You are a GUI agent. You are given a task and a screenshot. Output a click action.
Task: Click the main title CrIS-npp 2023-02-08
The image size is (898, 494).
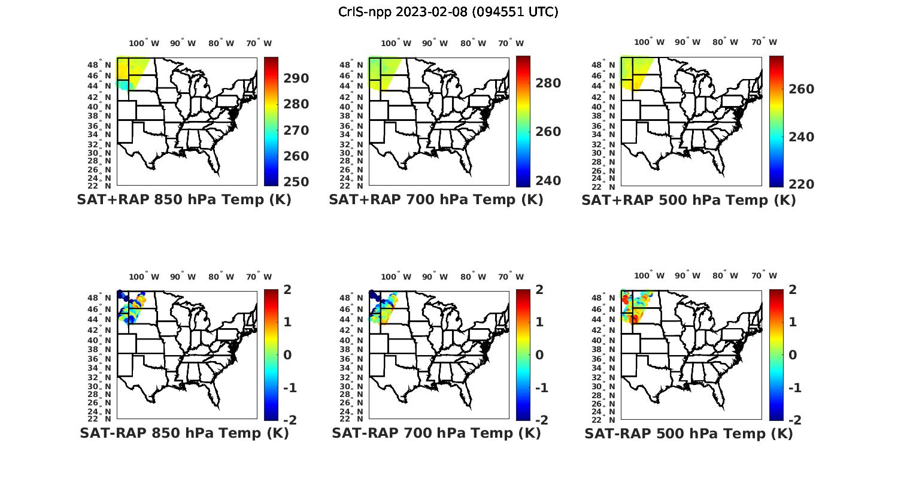[448, 12]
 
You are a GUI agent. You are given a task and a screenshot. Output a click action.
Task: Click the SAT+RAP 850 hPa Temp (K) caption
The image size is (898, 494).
[184, 200]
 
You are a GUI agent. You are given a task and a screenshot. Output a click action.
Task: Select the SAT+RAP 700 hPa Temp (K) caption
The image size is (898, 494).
[436, 200]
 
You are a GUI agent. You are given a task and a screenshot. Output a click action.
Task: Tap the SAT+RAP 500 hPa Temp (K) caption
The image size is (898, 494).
[688, 201]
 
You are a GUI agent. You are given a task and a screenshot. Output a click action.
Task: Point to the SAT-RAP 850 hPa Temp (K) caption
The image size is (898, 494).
[184, 434]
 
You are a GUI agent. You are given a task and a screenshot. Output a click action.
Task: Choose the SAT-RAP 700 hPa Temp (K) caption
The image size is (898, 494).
[436, 434]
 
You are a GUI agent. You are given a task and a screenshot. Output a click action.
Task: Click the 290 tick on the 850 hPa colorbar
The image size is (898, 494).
[296, 78]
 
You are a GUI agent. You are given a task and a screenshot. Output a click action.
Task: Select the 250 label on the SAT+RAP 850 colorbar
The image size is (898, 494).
[296, 182]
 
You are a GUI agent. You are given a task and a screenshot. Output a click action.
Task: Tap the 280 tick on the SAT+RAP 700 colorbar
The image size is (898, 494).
[548, 83]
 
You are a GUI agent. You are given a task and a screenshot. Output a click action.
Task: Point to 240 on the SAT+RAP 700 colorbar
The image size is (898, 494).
[548, 181]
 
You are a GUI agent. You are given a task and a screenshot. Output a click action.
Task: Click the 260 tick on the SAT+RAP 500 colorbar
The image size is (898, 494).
[801, 89]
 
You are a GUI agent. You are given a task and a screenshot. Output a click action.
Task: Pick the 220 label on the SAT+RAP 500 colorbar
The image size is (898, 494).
[801, 184]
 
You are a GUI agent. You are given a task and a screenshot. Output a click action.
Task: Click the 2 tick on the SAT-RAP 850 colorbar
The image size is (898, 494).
[289, 290]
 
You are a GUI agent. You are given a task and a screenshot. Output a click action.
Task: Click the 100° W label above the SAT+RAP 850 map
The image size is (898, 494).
[144, 43]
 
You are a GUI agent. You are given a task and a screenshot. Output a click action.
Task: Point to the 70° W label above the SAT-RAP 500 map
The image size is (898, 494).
[764, 276]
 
